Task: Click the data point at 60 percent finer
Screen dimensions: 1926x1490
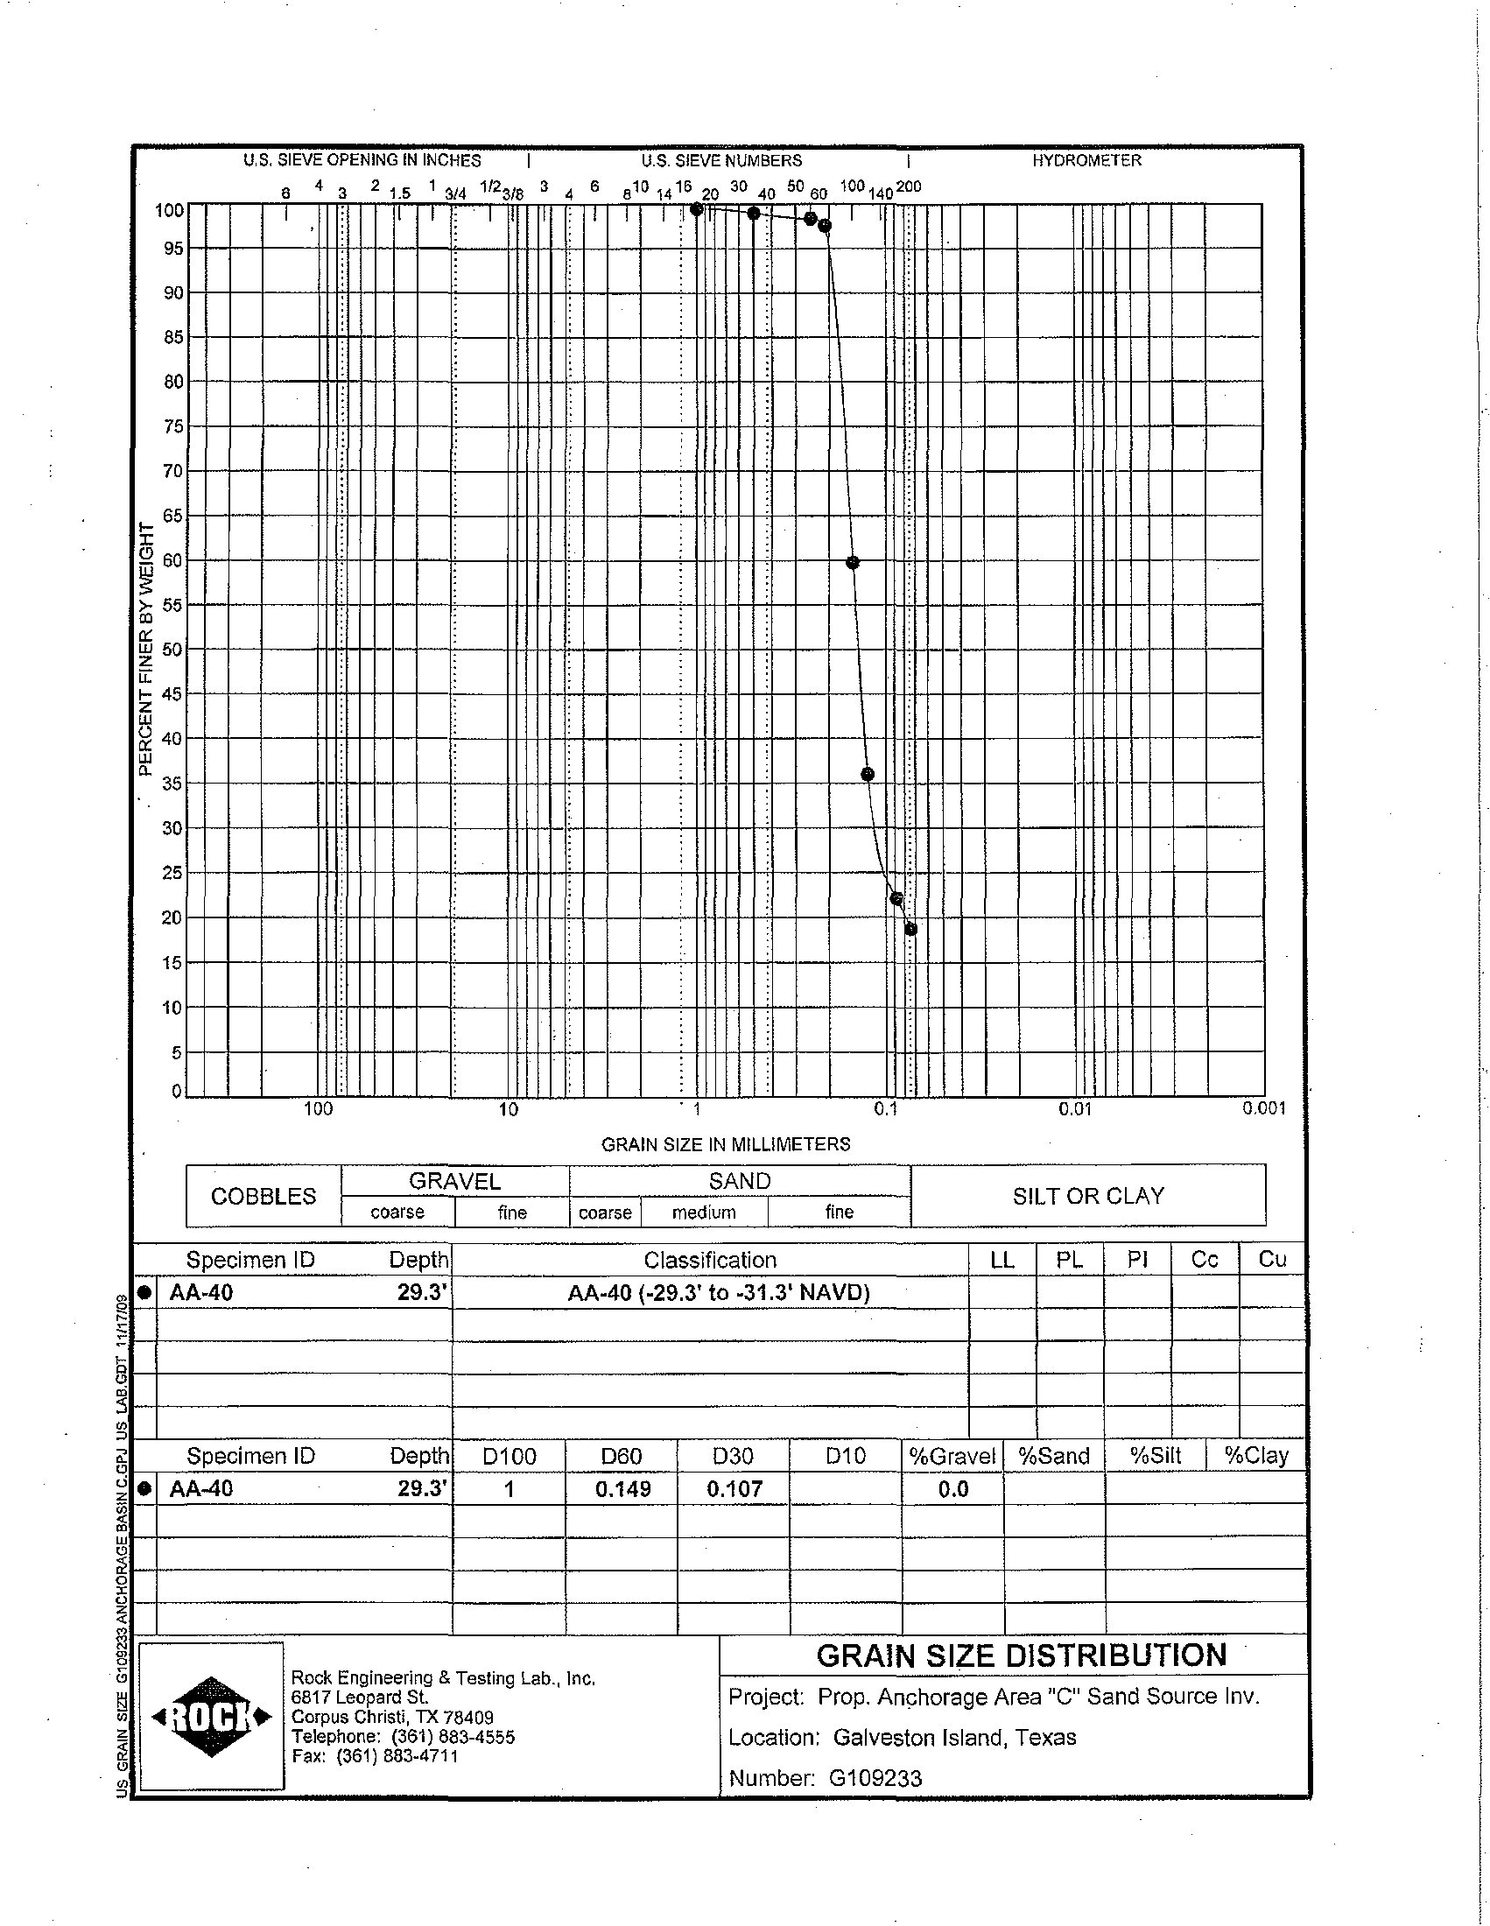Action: (x=853, y=563)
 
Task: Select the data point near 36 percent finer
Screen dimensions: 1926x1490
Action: (x=868, y=774)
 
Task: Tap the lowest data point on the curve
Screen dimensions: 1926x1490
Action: (x=910, y=929)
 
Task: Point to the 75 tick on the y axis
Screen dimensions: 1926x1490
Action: (x=172, y=427)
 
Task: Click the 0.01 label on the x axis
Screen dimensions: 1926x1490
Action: (x=1075, y=1109)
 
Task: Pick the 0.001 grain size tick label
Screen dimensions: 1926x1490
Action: (x=1263, y=1108)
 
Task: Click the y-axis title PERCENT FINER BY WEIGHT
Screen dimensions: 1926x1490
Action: (x=146, y=649)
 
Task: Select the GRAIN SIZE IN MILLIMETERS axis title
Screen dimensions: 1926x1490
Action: (x=726, y=1145)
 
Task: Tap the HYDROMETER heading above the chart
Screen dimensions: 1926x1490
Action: (x=1086, y=160)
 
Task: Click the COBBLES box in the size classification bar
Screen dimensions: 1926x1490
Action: (x=263, y=1197)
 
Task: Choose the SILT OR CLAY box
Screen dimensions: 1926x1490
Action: (x=1088, y=1196)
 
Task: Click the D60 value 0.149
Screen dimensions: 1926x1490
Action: (x=622, y=1489)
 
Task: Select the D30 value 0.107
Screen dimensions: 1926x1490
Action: (x=734, y=1489)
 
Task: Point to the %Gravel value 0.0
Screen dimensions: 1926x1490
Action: (x=953, y=1489)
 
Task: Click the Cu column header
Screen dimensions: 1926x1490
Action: (x=1271, y=1259)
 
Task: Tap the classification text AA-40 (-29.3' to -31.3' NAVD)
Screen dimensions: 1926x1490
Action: (x=719, y=1293)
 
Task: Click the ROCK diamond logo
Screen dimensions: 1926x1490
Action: (x=212, y=1717)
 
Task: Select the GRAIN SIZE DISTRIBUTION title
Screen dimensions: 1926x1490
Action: (x=1021, y=1655)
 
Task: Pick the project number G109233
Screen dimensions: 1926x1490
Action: (x=875, y=1778)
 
